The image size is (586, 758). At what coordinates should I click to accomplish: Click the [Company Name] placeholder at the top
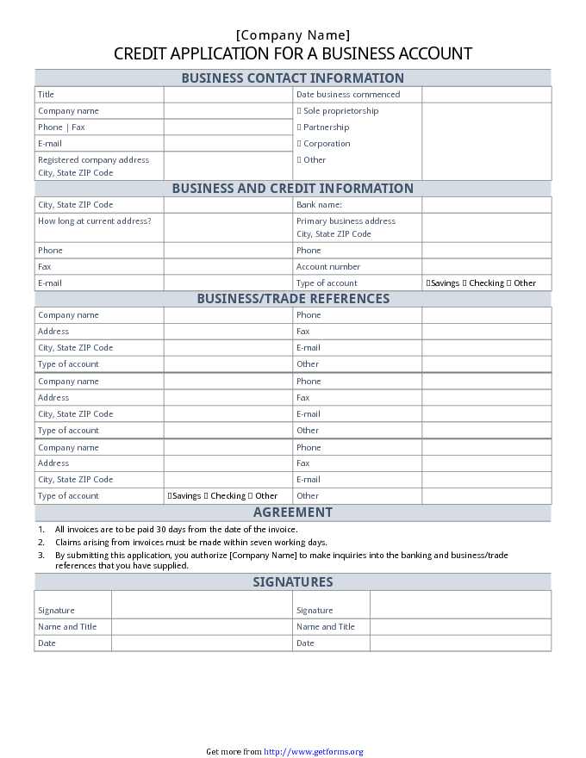293,35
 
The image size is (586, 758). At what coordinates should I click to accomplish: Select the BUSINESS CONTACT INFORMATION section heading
292,78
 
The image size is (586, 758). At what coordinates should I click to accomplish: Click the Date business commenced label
348,95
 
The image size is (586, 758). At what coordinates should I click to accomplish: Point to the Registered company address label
93,160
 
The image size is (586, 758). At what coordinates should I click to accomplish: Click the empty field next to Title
228,95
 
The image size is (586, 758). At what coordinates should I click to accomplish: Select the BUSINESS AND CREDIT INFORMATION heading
292,189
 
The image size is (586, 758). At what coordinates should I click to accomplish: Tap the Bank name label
319,205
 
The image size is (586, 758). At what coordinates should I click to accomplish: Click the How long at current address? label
94,221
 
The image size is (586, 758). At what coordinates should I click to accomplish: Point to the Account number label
328,267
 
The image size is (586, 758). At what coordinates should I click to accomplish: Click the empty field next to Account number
486,267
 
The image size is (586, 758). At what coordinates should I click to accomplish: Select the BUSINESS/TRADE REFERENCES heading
293,299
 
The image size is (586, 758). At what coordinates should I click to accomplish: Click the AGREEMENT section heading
292,513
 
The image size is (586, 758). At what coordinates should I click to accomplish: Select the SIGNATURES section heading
292,582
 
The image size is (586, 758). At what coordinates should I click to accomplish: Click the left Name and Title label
67,627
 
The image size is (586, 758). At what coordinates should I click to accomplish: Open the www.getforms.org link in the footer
313,752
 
